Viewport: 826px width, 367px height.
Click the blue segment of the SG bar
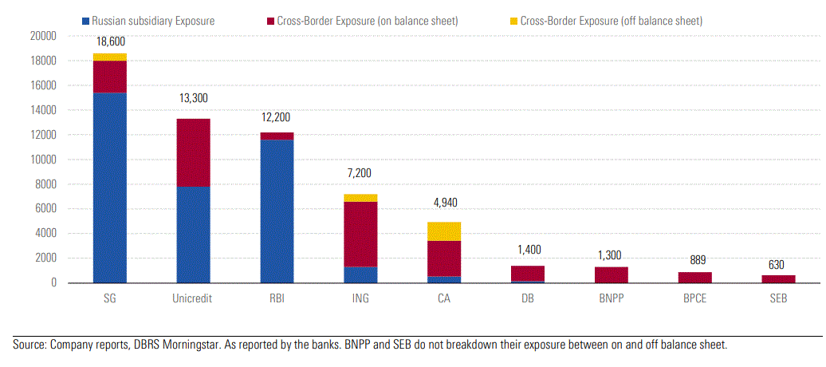(110, 187)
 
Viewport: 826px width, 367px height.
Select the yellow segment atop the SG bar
(110, 57)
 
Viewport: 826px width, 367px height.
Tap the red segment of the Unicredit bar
(194, 152)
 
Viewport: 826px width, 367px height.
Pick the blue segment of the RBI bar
(277, 211)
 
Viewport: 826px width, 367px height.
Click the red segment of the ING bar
(360, 235)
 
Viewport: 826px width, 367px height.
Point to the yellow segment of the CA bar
(444, 231)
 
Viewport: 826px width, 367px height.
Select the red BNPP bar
(612, 274)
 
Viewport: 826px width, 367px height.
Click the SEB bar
(778, 278)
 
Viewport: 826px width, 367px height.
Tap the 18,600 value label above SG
(110, 41)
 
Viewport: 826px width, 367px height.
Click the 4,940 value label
(444, 203)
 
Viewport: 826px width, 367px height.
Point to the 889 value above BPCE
(694, 260)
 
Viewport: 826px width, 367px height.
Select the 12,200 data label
(277, 116)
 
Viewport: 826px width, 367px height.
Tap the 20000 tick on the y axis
(42, 36)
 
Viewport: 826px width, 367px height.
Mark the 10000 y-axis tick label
(42, 160)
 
